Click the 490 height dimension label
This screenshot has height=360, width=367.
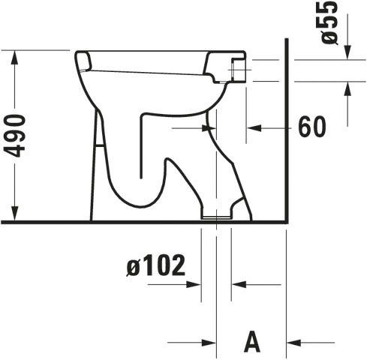point(14,136)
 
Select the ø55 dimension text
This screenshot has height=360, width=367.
point(330,22)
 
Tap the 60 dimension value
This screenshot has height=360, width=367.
point(312,127)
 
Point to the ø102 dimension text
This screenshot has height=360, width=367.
point(156,265)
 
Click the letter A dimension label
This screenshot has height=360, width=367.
point(252,341)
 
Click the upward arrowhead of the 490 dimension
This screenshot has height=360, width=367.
point(15,56)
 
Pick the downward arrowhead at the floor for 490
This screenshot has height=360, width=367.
point(15,214)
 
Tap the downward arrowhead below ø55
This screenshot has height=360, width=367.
point(347,53)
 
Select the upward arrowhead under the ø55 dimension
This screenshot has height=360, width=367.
point(347,88)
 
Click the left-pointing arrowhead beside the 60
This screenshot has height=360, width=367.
point(254,128)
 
